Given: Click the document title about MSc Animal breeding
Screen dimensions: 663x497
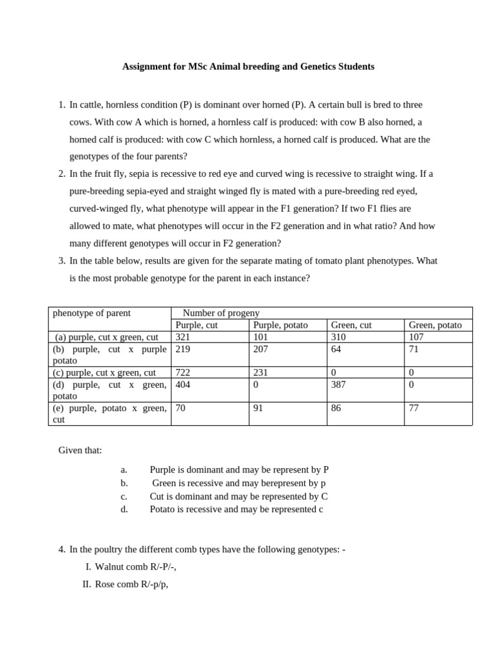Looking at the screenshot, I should (248, 67).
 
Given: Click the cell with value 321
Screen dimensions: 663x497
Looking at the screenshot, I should (184, 337).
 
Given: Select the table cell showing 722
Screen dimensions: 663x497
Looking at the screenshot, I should (184, 373).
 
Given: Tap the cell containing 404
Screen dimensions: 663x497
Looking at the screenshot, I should (184, 385).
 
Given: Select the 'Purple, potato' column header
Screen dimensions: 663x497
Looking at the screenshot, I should (280, 325).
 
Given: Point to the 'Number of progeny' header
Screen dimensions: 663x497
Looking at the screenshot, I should (221, 313).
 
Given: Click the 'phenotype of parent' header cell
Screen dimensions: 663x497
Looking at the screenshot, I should (91, 313).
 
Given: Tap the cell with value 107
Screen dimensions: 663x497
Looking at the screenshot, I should (416, 337).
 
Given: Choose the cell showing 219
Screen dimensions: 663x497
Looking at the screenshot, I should (184, 349).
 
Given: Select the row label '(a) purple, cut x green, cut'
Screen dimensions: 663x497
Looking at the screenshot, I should (107, 337).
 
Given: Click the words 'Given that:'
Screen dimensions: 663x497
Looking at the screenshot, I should (80, 451).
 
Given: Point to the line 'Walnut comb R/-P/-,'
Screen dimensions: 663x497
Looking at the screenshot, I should (135, 567).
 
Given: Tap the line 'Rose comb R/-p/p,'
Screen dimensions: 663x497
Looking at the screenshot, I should (131, 585).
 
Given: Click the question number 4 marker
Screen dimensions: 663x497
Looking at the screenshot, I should (61, 550).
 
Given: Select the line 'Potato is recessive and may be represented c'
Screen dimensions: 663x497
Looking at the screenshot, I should (236, 510).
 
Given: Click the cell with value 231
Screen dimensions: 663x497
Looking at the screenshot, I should (261, 373).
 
